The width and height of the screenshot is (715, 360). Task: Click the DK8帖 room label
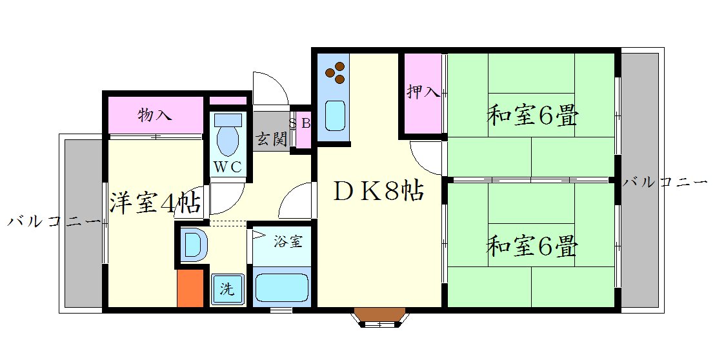point(378,192)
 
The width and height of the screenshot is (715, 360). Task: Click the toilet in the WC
point(227,137)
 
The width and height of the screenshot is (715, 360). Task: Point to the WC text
point(227,166)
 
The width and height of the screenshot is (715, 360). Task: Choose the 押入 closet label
point(423,92)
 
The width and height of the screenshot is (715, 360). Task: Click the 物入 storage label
point(155,115)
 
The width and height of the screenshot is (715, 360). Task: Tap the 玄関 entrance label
point(270,139)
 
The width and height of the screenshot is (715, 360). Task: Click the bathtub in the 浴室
point(281,288)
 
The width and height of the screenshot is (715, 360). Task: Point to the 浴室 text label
point(287,243)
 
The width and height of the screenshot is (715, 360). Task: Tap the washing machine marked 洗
point(227,289)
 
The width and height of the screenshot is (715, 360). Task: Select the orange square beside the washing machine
point(190,288)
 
